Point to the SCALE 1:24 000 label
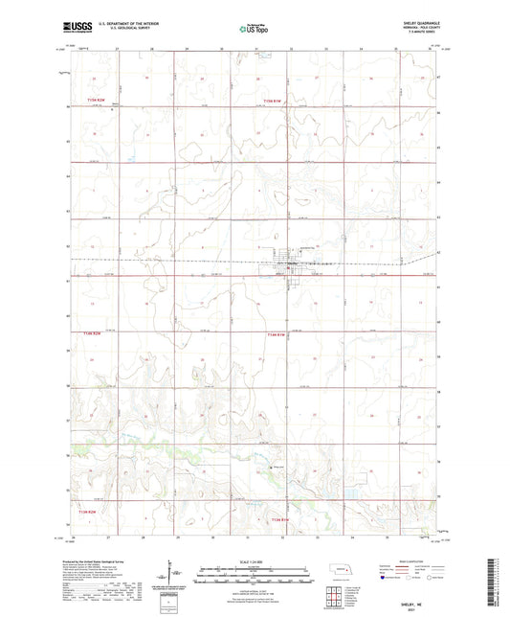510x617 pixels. point(255,560)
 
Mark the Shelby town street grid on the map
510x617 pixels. point(290,265)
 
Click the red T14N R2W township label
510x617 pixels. point(92,332)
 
